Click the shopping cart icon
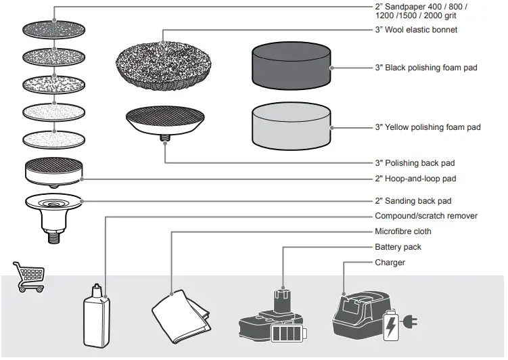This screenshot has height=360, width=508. click(x=29, y=276)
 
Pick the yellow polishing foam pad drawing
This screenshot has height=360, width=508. click(x=291, y=127)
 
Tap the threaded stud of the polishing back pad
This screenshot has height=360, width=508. click(x=164, y=140)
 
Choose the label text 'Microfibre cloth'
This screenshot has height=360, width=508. click(x=403, y=231)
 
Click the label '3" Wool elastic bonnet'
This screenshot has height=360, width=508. click(x=416, y=30)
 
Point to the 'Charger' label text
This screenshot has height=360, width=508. click(x=390, y=262)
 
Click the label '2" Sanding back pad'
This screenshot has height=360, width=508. click(x=413, y=201)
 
